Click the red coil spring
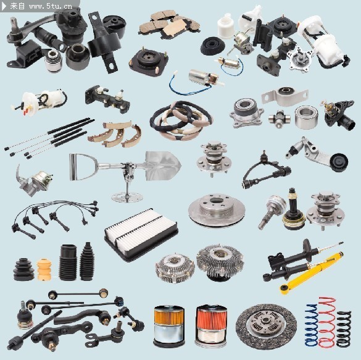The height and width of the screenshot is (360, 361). point(327,322)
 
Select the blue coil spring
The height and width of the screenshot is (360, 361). point(312,325)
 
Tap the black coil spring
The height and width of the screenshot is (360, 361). point(344,329)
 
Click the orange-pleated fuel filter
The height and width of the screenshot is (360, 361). point(169,326)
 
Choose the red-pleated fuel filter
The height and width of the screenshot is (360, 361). point(211,325)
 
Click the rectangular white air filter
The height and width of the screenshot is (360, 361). point(141,235)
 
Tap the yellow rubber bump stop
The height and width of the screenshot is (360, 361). point(44,269)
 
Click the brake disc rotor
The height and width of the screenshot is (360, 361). point(217,211)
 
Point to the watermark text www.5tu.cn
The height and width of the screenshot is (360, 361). point(51,6)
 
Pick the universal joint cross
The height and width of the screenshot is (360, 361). point(280,119)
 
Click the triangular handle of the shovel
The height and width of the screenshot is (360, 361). point(81,167)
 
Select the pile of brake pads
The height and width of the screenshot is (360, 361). point(170,25)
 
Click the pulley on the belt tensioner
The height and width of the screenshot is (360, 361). point(339,162)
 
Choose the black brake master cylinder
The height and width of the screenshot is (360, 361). point(107,99)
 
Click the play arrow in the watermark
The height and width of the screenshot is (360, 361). point(4,6)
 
